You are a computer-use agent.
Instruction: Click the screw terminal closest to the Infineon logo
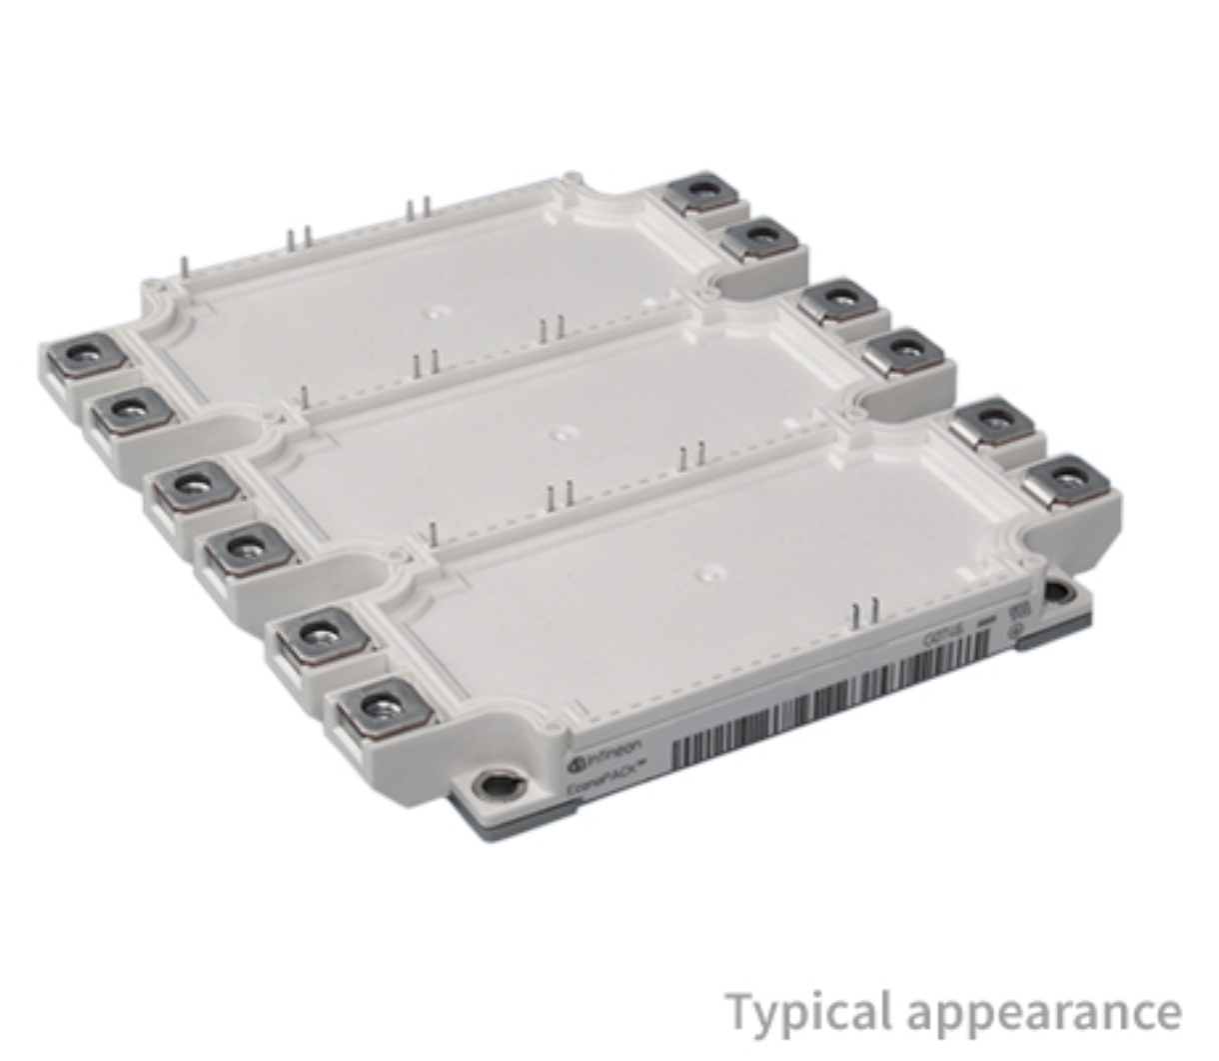[x=384, y=710]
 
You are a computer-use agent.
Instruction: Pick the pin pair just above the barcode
[x=866, y=612]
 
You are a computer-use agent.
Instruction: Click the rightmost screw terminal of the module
[x=1074, y=480]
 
